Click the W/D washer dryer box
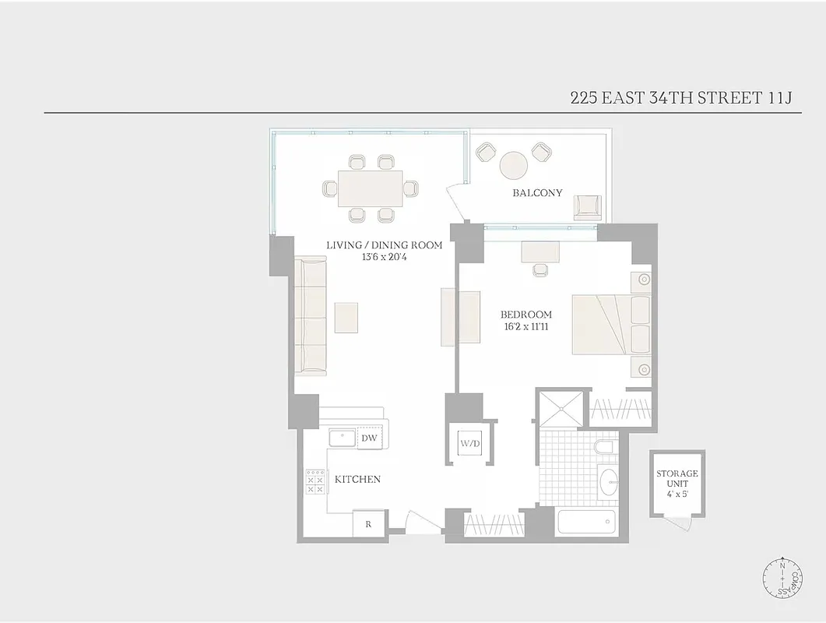[x=471, y=443]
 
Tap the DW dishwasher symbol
[x=370, y=439]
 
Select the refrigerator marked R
[x=368, y=524]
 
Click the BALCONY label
[x=537, y=192]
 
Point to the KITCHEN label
[x=357, y=479]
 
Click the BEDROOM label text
[x=525, y=315]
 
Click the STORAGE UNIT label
[x=677, y=478]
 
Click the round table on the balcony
[x=514, y=165]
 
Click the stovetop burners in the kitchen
[x=315, y=481]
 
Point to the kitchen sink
[x=343, y=438]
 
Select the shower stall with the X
[x=560, y=408]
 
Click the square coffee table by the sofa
[x=346, y=317]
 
